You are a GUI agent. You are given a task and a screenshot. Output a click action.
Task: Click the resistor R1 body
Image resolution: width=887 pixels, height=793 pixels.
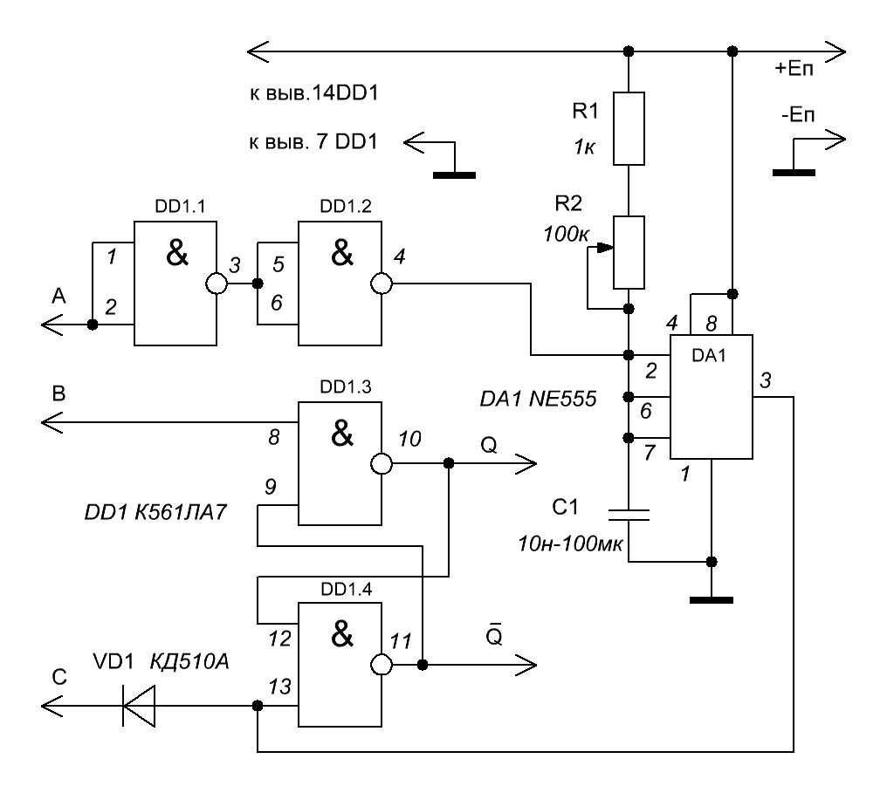click(629, 129)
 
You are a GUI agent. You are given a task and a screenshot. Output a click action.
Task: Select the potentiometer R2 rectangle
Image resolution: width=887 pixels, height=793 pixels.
click(629, 253)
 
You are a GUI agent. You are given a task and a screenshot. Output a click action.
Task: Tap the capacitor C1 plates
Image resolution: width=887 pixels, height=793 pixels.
click(629, 515)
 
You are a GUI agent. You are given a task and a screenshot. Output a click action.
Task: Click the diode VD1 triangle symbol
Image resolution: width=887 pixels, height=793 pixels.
click(139, 706)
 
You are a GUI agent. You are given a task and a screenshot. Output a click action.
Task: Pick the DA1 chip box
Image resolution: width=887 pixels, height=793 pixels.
click(711, 397)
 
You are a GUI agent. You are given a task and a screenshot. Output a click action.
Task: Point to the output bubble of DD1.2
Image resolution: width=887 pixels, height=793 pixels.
click(382, 284)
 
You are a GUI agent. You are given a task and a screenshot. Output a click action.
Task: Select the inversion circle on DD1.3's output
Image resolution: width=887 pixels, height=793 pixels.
click(382, 464)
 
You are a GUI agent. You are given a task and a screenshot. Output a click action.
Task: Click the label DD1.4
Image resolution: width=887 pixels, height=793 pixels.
click(347, 590)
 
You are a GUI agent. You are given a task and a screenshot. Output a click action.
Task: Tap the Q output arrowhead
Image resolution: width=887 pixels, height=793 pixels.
click(526, 464)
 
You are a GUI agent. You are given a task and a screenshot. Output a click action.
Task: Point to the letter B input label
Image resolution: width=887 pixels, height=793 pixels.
click(58, 393)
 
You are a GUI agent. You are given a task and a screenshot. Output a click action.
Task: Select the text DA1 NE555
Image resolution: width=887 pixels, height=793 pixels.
click(538, 399)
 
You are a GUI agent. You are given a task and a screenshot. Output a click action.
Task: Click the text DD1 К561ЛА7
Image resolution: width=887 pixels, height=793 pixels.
click(155, 512)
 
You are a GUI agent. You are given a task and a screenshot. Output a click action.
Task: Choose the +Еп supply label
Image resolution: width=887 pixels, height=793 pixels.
click(794, 69)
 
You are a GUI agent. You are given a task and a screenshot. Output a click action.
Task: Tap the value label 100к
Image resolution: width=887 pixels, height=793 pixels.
click(567, 234)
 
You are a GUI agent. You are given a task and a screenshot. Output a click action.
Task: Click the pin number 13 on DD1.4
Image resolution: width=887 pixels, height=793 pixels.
click(279, 687)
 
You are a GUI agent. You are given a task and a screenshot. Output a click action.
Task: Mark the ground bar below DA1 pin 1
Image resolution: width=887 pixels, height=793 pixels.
click(711, 600)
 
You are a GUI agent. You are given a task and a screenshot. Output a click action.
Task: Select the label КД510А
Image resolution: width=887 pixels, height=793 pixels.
click(189, 661)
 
